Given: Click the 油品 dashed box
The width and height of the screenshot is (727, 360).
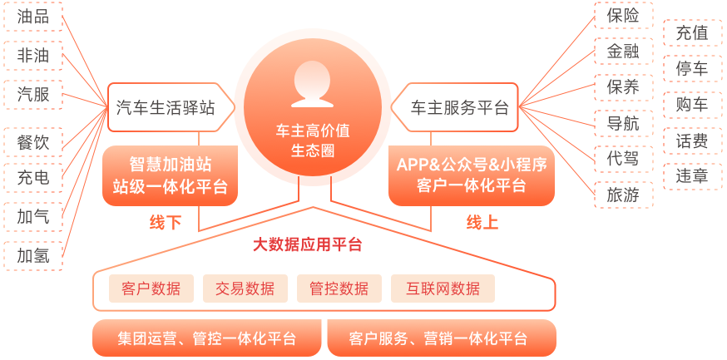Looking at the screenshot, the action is point(33,17).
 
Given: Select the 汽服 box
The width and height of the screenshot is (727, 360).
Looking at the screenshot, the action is point(33,95).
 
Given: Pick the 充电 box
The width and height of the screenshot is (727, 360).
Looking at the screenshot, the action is point(33,177).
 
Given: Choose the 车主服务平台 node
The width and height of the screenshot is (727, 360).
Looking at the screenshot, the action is point(454,107).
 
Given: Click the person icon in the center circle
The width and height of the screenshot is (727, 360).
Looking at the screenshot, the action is point(312,84).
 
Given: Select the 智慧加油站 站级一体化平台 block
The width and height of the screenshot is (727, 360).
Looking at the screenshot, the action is point(171,175).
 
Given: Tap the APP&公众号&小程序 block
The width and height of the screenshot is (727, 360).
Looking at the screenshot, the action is point(472,175).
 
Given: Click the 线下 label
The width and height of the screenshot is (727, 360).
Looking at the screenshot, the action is point(165,223).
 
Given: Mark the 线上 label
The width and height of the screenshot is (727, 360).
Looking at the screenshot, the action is point(482,223).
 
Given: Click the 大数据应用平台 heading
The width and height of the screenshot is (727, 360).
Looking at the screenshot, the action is point(308,244).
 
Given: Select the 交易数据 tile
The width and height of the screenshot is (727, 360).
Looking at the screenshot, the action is point(245,288).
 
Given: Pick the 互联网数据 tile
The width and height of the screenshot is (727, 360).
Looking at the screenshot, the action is point(443,288).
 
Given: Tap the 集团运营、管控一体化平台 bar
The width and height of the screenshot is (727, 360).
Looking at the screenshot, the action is point(207,338).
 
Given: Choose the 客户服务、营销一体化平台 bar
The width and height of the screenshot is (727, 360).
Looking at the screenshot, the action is point(442,338).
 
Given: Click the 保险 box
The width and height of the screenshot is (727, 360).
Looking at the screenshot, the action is point(624,16).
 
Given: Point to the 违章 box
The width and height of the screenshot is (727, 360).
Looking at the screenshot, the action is point(693,176).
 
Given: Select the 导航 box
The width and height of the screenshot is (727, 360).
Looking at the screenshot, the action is point(624,123).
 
